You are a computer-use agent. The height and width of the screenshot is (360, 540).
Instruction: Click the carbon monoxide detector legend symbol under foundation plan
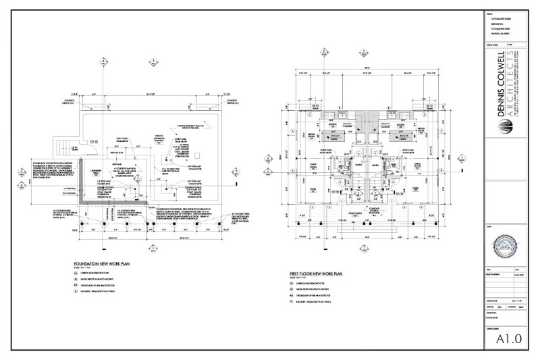(77, 274)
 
